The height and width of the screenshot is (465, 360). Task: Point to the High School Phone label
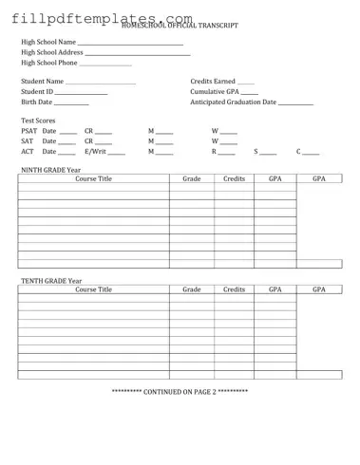click(x=49, y=63)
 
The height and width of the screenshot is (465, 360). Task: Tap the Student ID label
click(x=37, y=92)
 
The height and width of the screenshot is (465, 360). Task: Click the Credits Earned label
click(x=213, y=82)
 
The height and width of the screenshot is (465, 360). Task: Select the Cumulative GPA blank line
click(x=248, y=94)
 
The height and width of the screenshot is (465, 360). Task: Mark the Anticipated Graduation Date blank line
click(x=296, y=103)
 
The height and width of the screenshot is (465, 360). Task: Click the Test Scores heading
click(x=38, y=121)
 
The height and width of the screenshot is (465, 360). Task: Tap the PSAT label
click(x=28, y=131)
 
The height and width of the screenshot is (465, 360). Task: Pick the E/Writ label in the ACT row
click(x=95, y=151)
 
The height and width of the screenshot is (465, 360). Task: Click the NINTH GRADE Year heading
click(x=51, y=170)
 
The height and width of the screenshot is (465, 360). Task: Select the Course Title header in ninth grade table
click(x=93, y=178)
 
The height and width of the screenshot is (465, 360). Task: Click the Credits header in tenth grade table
click(x=234, y=289)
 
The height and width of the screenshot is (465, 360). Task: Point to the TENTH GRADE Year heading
click(x=51, y=281)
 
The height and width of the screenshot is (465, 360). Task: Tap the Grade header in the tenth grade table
click(x=192, y=289)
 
